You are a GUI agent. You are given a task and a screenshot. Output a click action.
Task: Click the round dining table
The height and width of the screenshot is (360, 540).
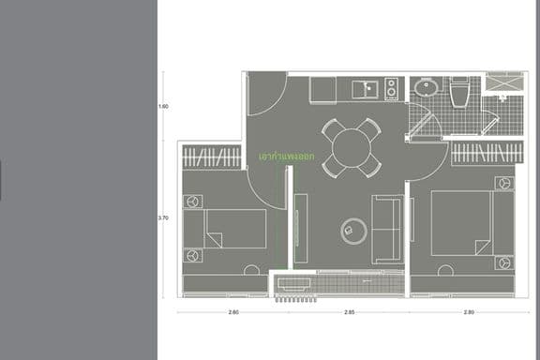[352, 146]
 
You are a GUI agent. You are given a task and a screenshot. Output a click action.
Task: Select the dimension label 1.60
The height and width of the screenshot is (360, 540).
[164, 106]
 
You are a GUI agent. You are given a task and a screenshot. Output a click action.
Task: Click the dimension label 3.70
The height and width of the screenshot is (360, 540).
[164, 217]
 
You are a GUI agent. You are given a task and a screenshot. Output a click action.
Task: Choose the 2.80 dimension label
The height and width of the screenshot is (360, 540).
[467, 311]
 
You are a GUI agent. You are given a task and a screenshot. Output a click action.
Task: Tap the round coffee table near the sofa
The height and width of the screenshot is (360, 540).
[354, 228]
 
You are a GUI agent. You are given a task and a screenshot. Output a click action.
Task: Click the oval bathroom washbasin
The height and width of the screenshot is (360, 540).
[427, 90]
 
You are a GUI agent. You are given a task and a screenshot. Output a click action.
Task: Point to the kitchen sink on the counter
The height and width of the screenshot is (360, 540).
[366, 90]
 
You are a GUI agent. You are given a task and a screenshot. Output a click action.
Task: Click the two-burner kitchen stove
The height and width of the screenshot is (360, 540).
[390, 90]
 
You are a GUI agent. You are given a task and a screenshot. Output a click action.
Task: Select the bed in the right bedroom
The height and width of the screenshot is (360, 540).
[462, 222]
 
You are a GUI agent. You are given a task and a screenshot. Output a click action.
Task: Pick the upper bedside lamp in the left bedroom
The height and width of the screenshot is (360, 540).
[193, 201]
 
